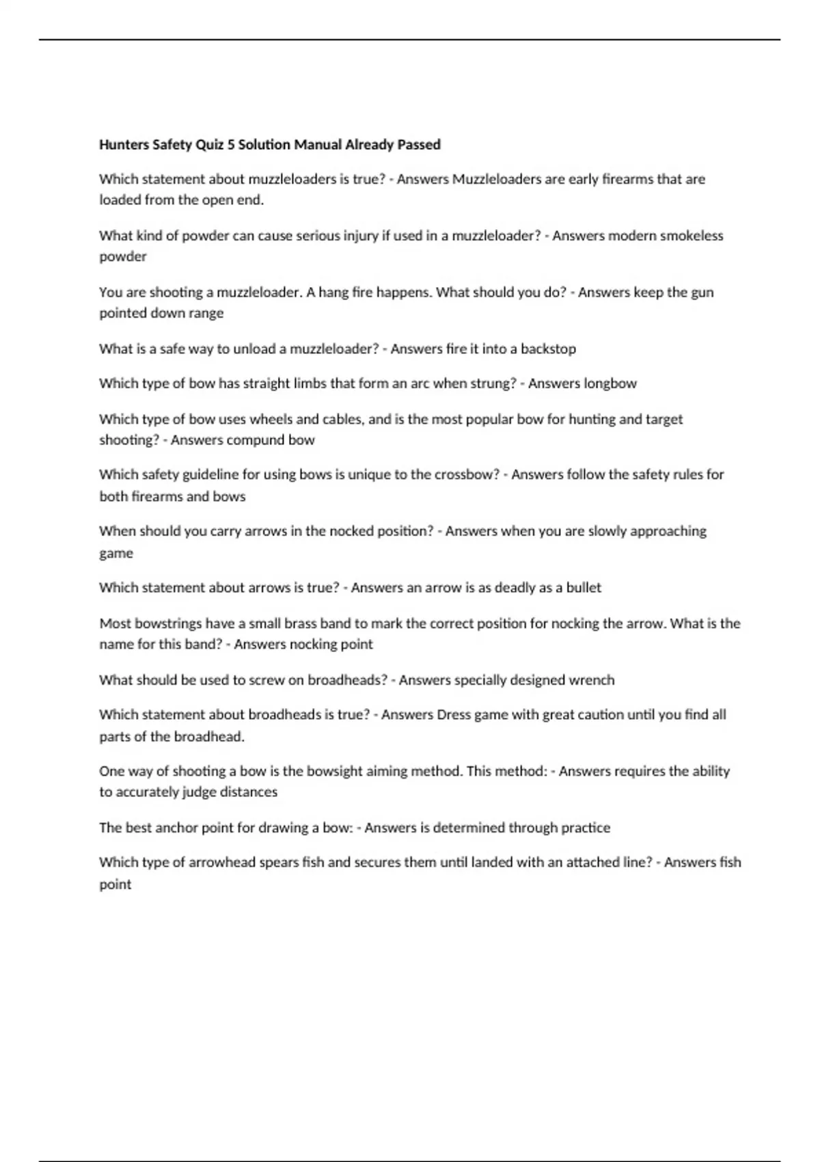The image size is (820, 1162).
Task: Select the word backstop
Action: click(548, 349)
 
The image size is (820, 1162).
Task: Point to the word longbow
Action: click(610, 383)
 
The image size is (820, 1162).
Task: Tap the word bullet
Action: click(584, 588)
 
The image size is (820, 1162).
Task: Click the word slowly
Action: click(603, 531)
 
